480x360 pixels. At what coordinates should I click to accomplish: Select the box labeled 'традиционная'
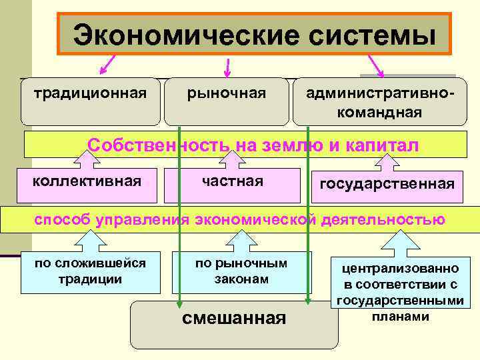(x=91, y=101)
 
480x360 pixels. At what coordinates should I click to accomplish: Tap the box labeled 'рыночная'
(x=227, y=101)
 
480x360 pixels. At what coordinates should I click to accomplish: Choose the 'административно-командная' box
(x=380, y=101)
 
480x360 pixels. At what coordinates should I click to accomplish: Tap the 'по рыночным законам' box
(x=241, y=272)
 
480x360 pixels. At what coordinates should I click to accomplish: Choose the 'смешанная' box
(x=233, y=324)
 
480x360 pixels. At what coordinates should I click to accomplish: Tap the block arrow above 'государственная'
(x=387, y=161)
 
